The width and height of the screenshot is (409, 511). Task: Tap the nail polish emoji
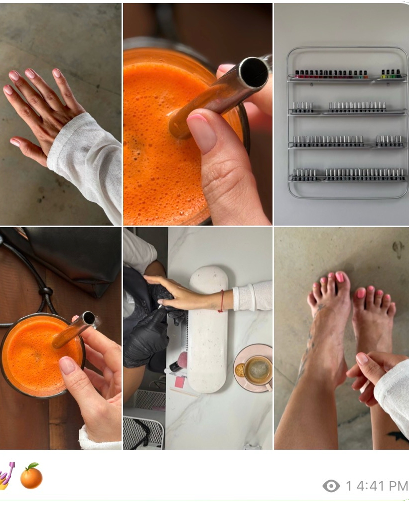pyautogui.click(x=6, y=476)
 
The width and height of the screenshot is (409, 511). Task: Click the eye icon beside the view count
pyautogui.click(x=331, y=486)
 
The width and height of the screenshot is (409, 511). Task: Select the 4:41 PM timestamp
pyautogui.click(x=382, y=486)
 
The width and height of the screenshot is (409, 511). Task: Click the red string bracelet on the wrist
pyautogui.click(x=222, y=301)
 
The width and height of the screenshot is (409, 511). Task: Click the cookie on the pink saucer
pyautogui.click(x=240, y=370)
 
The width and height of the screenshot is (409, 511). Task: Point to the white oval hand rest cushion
pyautogui.click(x=208, y=329)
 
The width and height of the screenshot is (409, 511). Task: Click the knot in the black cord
pyautogui.click(x=46, y=291)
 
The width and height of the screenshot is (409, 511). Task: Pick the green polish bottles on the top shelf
pyautogui.click(x=391, y=74)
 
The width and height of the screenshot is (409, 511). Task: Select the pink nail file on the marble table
pyautogui.click(x=180, y=382)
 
